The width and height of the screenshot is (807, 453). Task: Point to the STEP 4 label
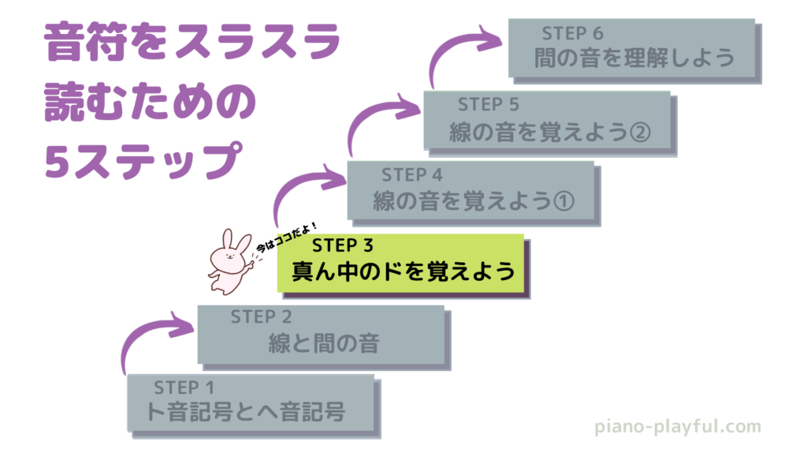(412, 174)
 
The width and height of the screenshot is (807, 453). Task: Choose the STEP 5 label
(489, 104)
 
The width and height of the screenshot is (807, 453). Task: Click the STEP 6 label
(573, 33)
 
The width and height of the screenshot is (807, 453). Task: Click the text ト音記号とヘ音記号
(246, 412)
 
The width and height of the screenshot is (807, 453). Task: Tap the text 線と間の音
(324, 344)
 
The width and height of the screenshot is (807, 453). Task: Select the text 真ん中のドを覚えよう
(403, 272)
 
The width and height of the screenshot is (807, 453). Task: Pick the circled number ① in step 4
(562, 201)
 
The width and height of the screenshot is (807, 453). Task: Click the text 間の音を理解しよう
(634, 59)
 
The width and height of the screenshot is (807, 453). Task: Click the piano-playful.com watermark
(677, 427)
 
